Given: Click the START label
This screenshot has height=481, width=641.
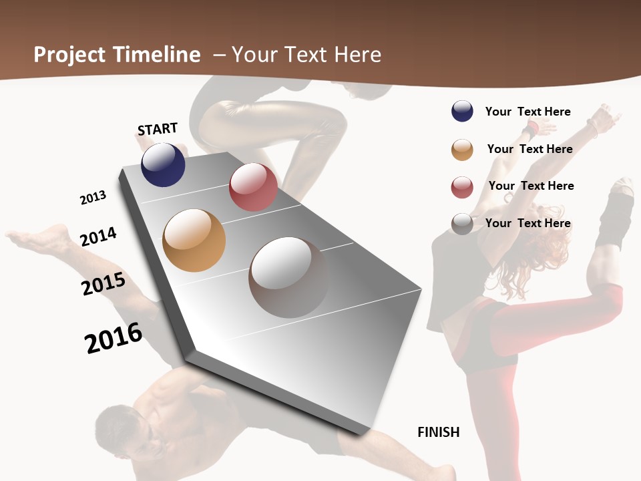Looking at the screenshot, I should click(158, 129).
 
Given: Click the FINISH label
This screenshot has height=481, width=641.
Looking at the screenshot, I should click(439, 432).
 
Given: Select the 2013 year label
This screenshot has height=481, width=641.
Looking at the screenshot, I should click(93, 198).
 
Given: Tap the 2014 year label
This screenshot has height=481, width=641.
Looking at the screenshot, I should click(98, 236).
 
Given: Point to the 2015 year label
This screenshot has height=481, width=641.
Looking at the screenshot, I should click(103, 284).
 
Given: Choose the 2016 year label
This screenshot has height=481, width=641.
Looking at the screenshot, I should click(114, 337).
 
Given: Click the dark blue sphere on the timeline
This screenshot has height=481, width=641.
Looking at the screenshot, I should click(163, 164).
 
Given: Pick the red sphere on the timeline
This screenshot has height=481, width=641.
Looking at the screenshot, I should click(253, 187).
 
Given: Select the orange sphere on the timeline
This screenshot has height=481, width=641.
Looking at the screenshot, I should click(194, 240).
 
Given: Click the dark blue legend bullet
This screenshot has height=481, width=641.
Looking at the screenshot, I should click(462, 112).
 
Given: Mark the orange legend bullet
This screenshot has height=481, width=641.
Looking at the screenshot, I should click(462, 150).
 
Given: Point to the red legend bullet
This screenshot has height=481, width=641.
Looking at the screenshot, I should click(462, 187).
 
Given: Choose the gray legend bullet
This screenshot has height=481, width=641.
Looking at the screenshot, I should click(462, 224).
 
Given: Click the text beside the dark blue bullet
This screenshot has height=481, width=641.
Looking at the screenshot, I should click(527, 112).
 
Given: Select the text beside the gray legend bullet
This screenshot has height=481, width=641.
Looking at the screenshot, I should click(527, 223).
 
